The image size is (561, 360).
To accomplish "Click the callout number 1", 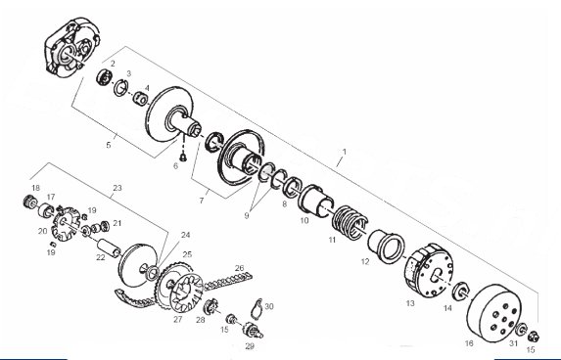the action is [x=345, y=152].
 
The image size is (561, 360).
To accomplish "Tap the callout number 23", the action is [x=117, y=188].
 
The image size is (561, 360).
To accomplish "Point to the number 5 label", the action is [x=109, y=145].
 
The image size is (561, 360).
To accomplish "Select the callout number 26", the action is [x=239, y=268].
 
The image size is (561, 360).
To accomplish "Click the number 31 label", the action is [x=513, y=343].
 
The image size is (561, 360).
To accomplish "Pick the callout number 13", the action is [x=410, y=303].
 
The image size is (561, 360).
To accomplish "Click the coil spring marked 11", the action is [x=350, y=222].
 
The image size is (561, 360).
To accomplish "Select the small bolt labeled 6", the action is [x=183, y=157].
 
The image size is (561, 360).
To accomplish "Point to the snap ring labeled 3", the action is [x=121, y=88].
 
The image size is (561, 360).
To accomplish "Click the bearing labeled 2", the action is [x=105, y=77].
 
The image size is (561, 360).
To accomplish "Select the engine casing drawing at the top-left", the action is [x=72, y=46].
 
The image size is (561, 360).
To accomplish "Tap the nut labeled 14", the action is [x=461, y=290].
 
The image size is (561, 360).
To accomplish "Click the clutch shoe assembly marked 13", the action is [x=428, y=271].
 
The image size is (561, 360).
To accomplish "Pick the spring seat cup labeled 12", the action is [x=386, y=245].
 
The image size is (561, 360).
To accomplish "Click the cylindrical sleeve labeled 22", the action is [x=109, y=247].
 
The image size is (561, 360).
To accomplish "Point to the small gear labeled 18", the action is [x=28, y=202].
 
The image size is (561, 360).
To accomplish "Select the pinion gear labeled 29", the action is [x=253, y=330].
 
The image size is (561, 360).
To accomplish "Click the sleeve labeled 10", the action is [x=316, y=201].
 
